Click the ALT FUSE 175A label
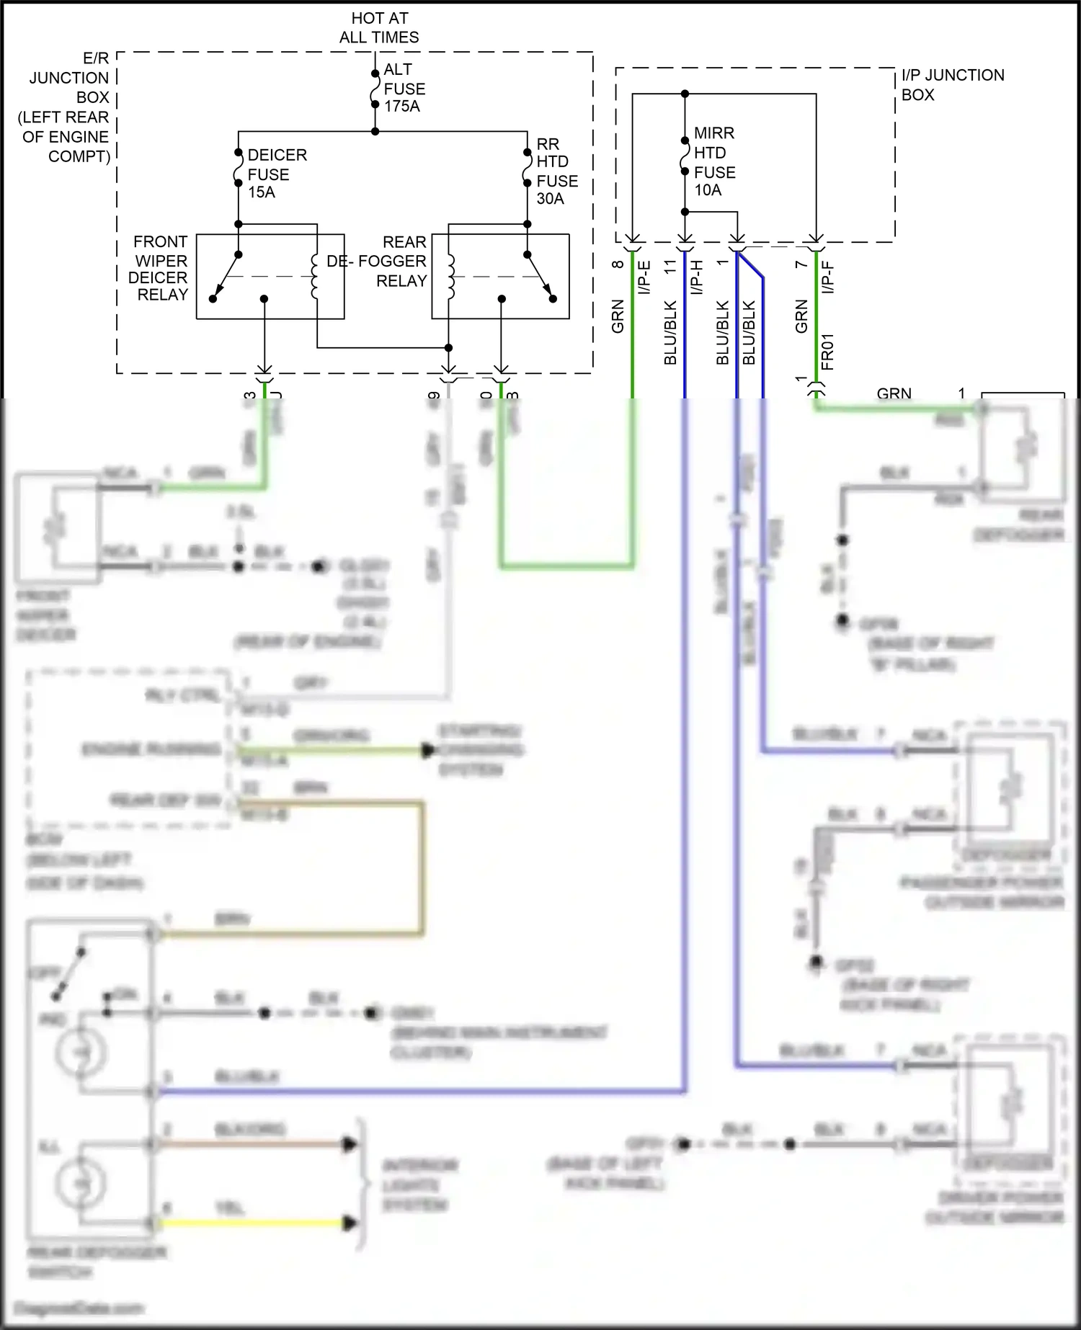tap(404, 89)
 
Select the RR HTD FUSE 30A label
tap(556, 171)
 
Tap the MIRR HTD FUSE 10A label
tap(714, 162)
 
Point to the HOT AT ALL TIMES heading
tap(379, 28)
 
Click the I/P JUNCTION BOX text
tap(951, 85)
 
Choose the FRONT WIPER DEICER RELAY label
tap(159, 268)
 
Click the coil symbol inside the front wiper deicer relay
tap(314, 277)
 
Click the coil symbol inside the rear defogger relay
tap(450, 277)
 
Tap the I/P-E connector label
tap(644, 277)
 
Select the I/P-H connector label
tap(696, 277)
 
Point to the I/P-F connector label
tap(828, 277)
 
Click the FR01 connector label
tap(827, 352)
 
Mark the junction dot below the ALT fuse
tap(375, 131)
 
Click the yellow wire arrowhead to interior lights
tap(350, 1223)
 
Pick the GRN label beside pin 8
tap(618, 317)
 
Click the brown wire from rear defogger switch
tap(288, 934)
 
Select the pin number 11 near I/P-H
tap(670, 267)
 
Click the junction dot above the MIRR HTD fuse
tap(685, 94)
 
